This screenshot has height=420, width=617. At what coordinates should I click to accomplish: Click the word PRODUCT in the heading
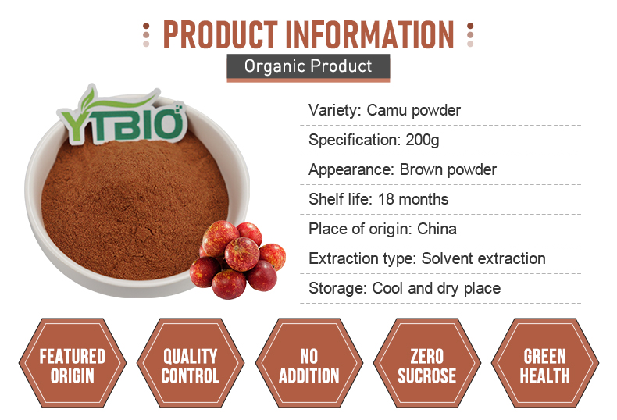click(220, 34)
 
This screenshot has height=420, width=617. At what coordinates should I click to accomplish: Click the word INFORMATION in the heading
click(369, 34)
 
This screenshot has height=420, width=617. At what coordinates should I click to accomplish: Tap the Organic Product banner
click(308, 68)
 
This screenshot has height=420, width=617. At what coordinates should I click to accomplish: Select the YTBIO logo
click(122, 116)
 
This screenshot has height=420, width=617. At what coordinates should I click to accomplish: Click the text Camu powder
click(414, 111)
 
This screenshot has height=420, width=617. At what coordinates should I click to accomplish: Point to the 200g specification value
click(423, 141)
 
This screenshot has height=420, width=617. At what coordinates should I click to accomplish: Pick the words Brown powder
click(448, 170)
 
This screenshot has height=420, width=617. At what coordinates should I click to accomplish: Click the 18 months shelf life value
click(413, 199)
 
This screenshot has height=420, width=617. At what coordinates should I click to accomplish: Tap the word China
click(437, 229)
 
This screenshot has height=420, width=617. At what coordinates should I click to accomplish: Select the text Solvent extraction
click(483, 258)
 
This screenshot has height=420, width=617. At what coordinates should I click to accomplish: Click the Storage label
click(337, 288)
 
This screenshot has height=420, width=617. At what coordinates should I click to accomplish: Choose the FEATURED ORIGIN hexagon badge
click(73, 363)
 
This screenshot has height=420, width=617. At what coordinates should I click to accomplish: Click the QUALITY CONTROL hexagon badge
click(191, 363)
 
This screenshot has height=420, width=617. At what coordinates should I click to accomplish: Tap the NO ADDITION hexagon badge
click(309, 363)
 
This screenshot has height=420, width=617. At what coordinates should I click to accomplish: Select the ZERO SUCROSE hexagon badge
click(427, 363)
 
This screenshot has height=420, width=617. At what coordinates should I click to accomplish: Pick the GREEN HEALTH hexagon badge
click(545, 363)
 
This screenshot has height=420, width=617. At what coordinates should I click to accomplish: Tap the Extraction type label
click(362, 258)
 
